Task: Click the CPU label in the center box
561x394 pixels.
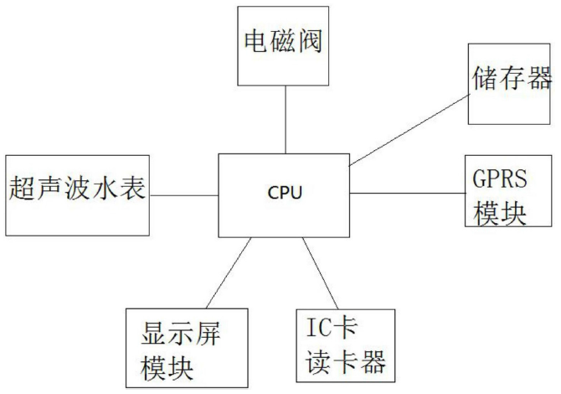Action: [x=285, y=193]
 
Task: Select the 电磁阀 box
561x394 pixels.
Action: [x=285, y=45]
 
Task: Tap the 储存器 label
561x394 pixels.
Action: [x=511, y=80]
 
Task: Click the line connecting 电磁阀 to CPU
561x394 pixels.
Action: [x=285, y=119]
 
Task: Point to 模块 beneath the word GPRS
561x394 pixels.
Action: [x=501, y=214]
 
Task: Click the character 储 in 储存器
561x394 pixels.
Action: [x=482, y=80]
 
